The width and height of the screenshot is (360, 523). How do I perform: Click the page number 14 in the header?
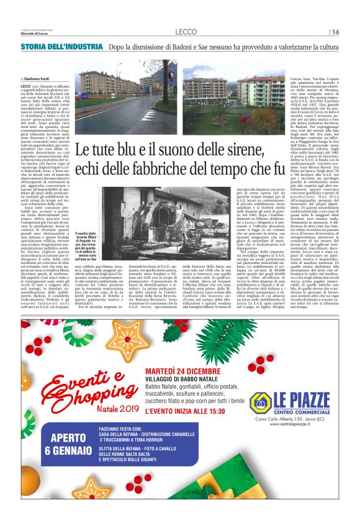click(335, 32)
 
